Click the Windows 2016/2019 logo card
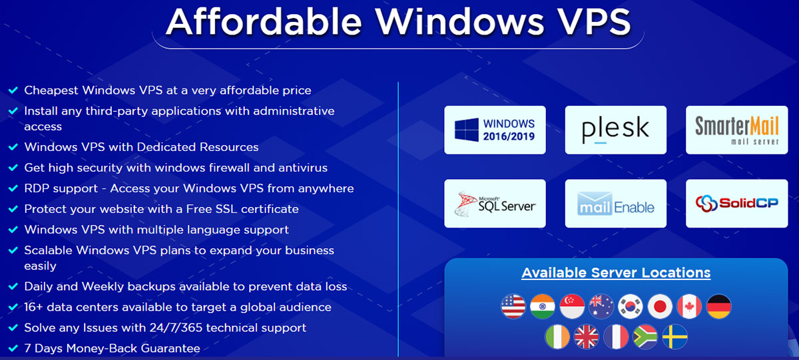495,130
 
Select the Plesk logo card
616,130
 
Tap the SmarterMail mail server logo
736,130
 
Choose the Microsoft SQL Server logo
495,204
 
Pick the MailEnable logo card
616,204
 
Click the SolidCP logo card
736,204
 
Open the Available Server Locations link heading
616,273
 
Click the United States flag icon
513,306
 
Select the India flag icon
543,306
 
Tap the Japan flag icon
660,306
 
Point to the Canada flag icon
689,306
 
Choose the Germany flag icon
718,306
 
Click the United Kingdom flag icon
587,337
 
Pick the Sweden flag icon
675,337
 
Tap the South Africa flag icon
645,337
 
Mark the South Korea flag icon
631,306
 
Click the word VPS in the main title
595,22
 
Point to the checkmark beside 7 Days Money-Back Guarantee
13,348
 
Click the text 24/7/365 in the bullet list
176,327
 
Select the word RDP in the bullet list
37,188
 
